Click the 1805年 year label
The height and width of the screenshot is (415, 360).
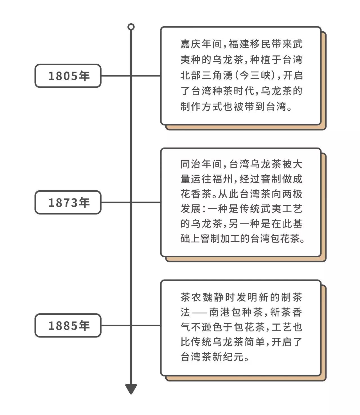(x=68, y=76)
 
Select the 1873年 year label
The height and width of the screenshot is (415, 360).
(x=68, y=202)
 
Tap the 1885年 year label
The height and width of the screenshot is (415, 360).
(x=68, y=326)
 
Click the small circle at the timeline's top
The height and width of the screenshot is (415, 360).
(x=131, y=27)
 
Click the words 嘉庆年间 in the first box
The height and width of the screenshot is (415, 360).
(x=201, y=44)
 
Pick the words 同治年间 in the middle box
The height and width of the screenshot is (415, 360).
(x=201, y=164)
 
